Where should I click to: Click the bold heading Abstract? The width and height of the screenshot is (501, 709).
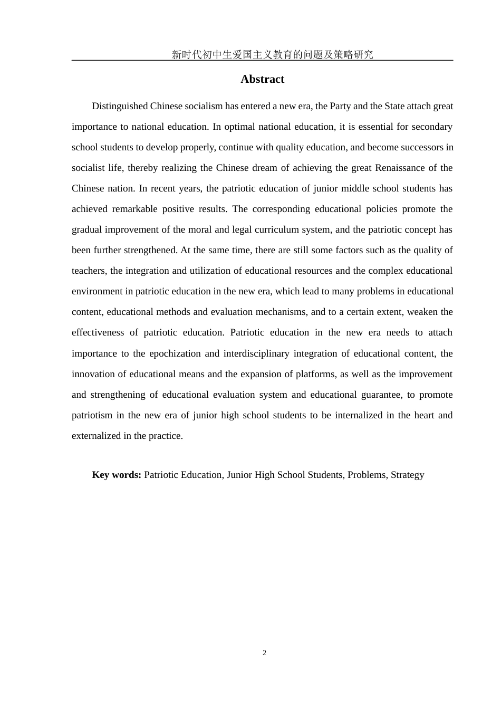click(262, 79)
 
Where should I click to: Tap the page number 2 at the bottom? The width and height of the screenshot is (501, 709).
click(264, 653)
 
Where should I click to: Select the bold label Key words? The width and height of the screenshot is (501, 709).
click(117, 475)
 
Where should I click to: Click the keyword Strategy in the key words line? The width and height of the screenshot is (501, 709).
click(407, 475)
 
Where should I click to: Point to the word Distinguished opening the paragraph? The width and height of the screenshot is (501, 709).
click(120, 106)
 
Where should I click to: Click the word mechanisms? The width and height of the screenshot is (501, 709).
click(285, 312)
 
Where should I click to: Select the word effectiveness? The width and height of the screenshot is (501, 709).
click(98, 332)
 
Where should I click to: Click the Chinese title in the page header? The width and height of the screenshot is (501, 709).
click(272, 54)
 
